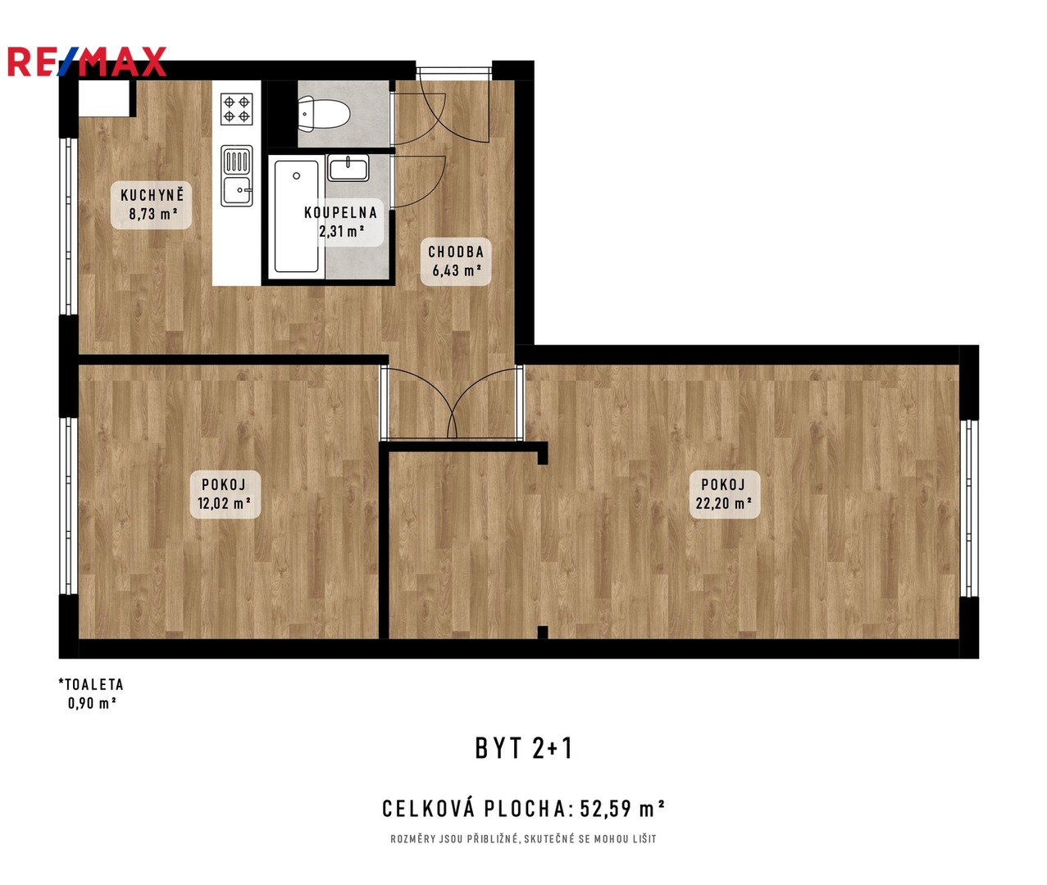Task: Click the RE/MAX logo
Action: point(87,61)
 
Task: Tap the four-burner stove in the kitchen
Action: point(237,109)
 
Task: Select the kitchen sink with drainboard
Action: point(237,175)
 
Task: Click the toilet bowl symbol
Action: point(324,115)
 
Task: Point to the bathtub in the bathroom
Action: point(296,216)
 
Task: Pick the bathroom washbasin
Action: point(348,168)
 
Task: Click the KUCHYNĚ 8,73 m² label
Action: point(152,205)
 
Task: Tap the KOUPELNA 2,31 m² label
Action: point(341,222)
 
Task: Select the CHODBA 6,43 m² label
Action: point(456,261)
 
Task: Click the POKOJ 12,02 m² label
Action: point(225,494)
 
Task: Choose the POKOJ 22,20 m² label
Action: point(724,494)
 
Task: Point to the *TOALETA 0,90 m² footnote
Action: point(92,693)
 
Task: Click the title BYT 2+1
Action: point(524,748)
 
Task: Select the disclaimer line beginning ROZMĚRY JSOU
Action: point(523,839)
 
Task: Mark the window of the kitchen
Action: point(69,226)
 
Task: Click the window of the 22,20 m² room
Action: point(969,509)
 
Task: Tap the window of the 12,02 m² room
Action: point(69,506)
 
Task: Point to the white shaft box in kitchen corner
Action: point(104,98)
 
